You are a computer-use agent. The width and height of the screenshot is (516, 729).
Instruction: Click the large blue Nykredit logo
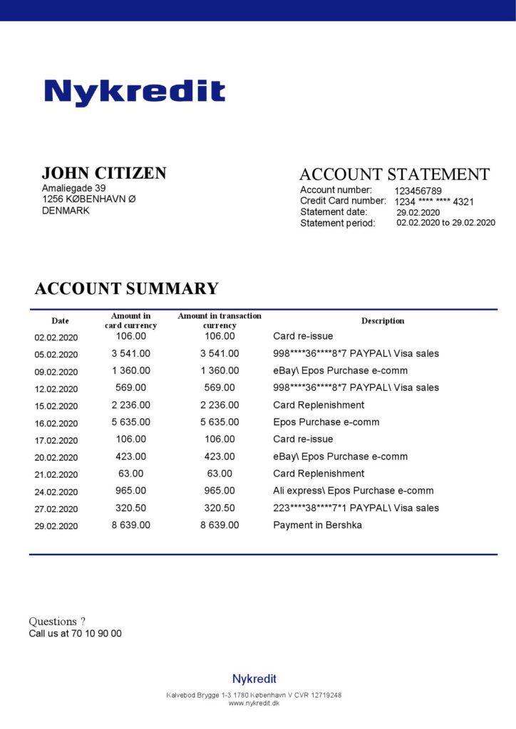coord(135,93)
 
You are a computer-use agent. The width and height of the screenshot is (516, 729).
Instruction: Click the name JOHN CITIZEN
coord(104,173)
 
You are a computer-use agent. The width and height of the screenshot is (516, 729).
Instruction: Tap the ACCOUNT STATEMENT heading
coord(394,174)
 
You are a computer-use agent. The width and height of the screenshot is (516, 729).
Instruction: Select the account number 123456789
coord(418,191)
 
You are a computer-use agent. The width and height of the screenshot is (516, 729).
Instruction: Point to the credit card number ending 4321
coord(434,201)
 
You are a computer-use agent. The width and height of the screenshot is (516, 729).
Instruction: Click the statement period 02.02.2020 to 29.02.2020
coord(445,223)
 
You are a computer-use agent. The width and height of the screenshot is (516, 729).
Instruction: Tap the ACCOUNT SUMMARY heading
coord(126,288)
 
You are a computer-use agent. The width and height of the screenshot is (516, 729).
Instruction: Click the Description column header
coord(383,321)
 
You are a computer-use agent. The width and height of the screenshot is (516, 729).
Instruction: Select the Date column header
coord(60,321)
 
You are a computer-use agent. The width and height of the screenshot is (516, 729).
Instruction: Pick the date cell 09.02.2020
coord(56,372)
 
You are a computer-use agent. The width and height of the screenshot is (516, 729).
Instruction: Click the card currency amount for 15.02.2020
coord(131,405)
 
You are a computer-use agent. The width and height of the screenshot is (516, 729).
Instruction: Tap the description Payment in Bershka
coord(317,525)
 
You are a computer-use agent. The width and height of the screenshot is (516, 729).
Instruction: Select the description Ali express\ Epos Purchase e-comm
coord(353,491)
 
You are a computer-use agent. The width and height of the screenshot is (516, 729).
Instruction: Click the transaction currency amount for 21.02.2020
coord(220,473)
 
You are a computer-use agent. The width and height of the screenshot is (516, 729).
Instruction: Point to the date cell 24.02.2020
coord(56,492)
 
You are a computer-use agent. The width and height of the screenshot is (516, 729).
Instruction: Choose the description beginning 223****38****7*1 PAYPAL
coord(356,508)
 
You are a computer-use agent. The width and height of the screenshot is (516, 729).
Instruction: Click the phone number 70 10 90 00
coord(96,634)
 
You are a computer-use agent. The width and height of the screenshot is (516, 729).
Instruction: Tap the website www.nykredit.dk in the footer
coord(254,703)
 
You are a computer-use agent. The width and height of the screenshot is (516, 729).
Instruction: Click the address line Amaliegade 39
coord(74,188)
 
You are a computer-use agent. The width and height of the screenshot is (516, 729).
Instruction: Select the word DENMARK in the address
coord(66,211)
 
